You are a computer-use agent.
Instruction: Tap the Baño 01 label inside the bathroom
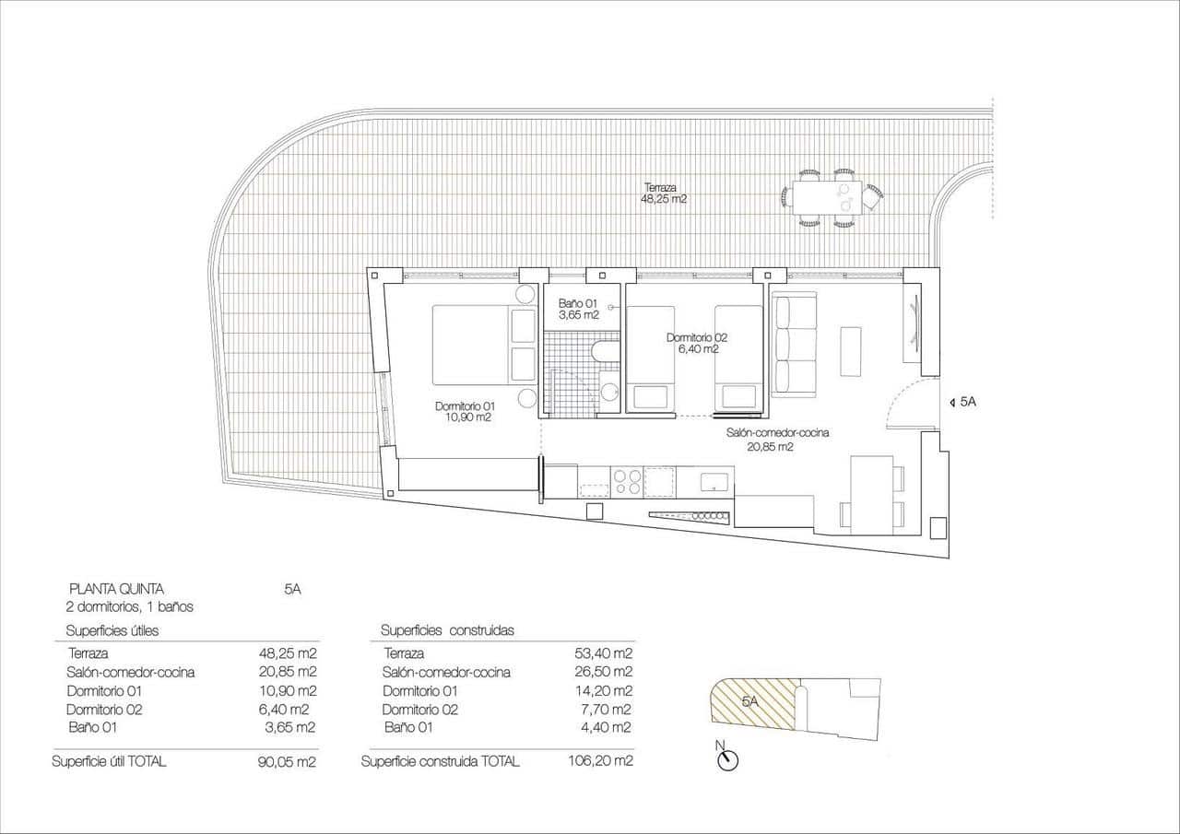[578, 309]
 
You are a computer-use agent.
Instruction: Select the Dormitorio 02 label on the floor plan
[692, 343]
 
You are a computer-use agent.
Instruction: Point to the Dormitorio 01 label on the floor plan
[466, 411]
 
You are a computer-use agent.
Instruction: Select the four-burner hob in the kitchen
[628, 480]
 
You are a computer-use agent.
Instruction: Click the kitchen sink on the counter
[715, 480]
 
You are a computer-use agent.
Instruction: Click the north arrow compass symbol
[729, 759]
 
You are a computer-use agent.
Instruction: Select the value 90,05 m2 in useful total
[288, 761]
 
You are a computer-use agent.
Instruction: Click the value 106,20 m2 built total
[601, 761]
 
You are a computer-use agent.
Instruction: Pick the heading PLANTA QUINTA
[117, 588]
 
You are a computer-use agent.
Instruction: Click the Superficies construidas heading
[447, 630]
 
